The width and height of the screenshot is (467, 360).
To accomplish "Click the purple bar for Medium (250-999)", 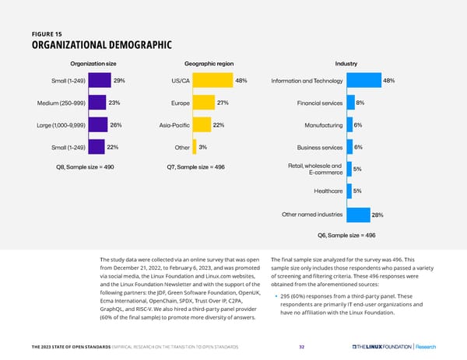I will pyautogui.click(x=97, y=103).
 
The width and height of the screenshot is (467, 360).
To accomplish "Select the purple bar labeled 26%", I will pyautogui.click(x=98, y=124).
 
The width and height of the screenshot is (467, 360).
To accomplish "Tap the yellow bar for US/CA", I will pyautogui.click(x=212, y=81).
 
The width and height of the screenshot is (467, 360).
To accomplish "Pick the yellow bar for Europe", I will pyautogui.click(x=203, y=103).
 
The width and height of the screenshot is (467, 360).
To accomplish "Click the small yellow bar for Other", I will pyautogui.click(x=194, y=147).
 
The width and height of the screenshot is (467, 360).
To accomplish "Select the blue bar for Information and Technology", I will pyautogui.click(x=363, y=81).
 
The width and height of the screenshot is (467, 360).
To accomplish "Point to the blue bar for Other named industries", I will pyautogui.click(x=358, y=215).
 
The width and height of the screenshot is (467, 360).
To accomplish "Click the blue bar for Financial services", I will pyautogui.click(x=349, y=103).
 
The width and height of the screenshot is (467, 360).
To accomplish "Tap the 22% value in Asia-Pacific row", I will pyautogui.click(x=219, y=125).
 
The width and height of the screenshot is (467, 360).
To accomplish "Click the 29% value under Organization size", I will pyautogui.click(x=120, y=81).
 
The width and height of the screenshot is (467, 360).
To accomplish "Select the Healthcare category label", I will pyautogui.click(x=328, y=190).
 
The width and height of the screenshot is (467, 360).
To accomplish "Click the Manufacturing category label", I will pyautogui.click(x=319, y=125).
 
